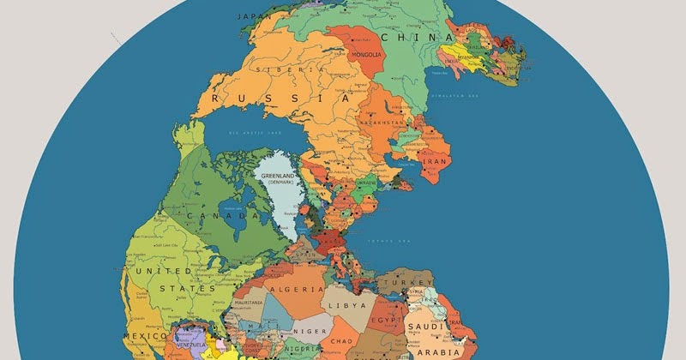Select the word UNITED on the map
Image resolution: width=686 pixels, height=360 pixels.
pos(159,271)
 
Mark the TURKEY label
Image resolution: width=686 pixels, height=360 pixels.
pos(402,282)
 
